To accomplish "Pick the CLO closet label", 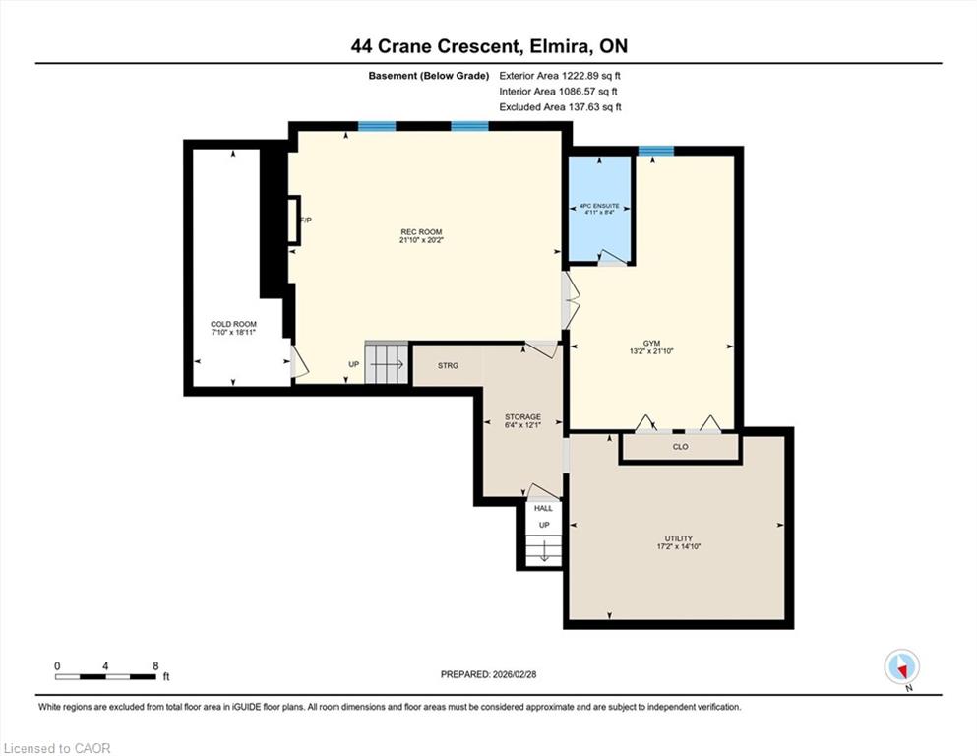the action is click(681, 447).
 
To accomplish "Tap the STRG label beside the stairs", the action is click(448, 366).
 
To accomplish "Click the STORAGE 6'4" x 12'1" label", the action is click(522, 420).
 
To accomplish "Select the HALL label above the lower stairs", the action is click(543, 508).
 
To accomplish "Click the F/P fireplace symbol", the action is click(293, 220).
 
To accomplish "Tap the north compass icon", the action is click(901, 667).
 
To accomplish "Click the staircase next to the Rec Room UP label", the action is click(387, 362).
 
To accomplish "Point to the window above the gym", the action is click(655, 151).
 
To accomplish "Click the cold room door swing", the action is click(299, 361).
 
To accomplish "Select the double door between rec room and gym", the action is click(571, 300).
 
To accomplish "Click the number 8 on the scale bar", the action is click(155, 665).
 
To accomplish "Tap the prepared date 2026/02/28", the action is click(514, 674).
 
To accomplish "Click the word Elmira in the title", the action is click(558, 46).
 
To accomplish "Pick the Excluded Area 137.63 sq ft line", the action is click(560, 107).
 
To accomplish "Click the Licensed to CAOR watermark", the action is click(57, 748).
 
